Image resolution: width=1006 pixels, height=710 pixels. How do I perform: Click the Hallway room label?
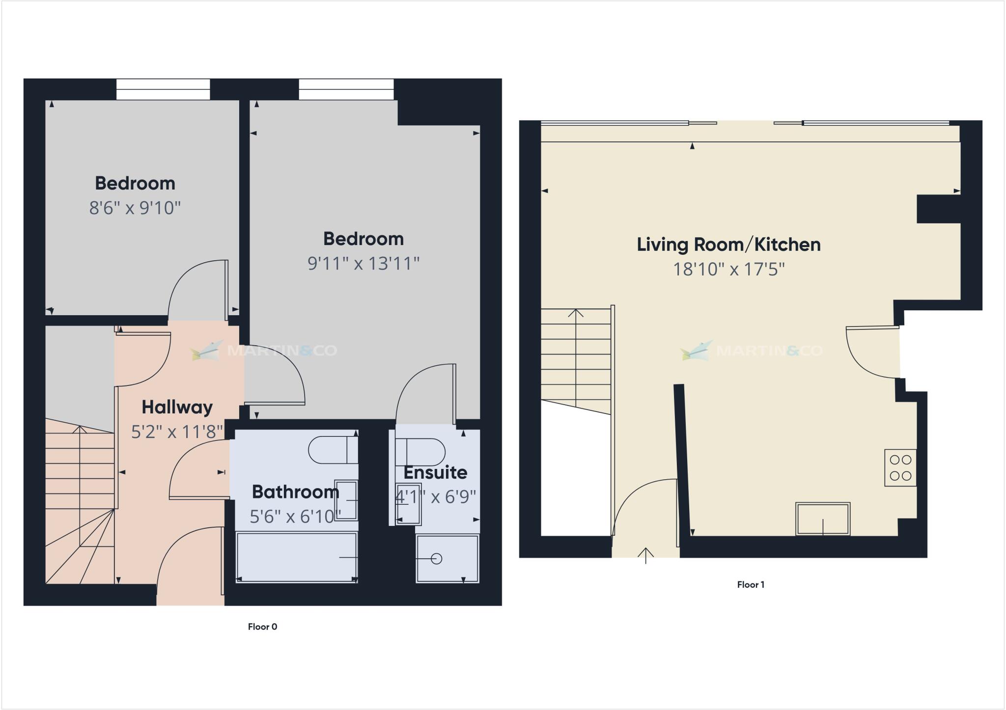click(x=177, y=407)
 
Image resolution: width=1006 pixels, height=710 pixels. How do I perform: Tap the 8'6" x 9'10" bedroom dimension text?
click(x=135, y=208)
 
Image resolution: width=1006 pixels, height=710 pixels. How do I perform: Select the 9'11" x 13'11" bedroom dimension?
click(x=363, y=264)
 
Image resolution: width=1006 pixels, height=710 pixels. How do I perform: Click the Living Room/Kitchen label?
click(x=728, y=245)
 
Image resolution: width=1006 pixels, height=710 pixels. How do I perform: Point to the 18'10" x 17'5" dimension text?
click(x=728, y=270)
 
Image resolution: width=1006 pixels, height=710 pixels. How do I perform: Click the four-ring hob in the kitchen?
click(x=900, y=467)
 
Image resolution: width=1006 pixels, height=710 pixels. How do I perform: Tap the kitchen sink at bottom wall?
click(x=823, y=519)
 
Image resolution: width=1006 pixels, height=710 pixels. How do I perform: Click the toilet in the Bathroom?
click(x=333, y=450)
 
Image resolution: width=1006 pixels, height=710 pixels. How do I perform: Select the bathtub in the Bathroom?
click(x=297, y=557)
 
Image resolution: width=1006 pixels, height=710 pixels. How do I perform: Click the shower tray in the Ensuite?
click(x=447, y=558)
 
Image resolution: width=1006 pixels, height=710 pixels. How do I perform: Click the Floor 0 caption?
click(x=262, y=627)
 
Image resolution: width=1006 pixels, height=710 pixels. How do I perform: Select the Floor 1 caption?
click(x=751, y=584)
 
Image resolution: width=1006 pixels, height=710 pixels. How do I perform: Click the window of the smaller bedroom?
click(x=163, y=89)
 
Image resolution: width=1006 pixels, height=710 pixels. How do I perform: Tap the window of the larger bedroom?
click(x=346, y=89)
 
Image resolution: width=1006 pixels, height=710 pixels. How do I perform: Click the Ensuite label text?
click(x=435, y=472)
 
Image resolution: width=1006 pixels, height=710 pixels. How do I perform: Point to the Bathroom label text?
click(x=295, y=492)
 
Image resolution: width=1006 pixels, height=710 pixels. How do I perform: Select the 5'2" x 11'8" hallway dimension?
click(x=177, y=432)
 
